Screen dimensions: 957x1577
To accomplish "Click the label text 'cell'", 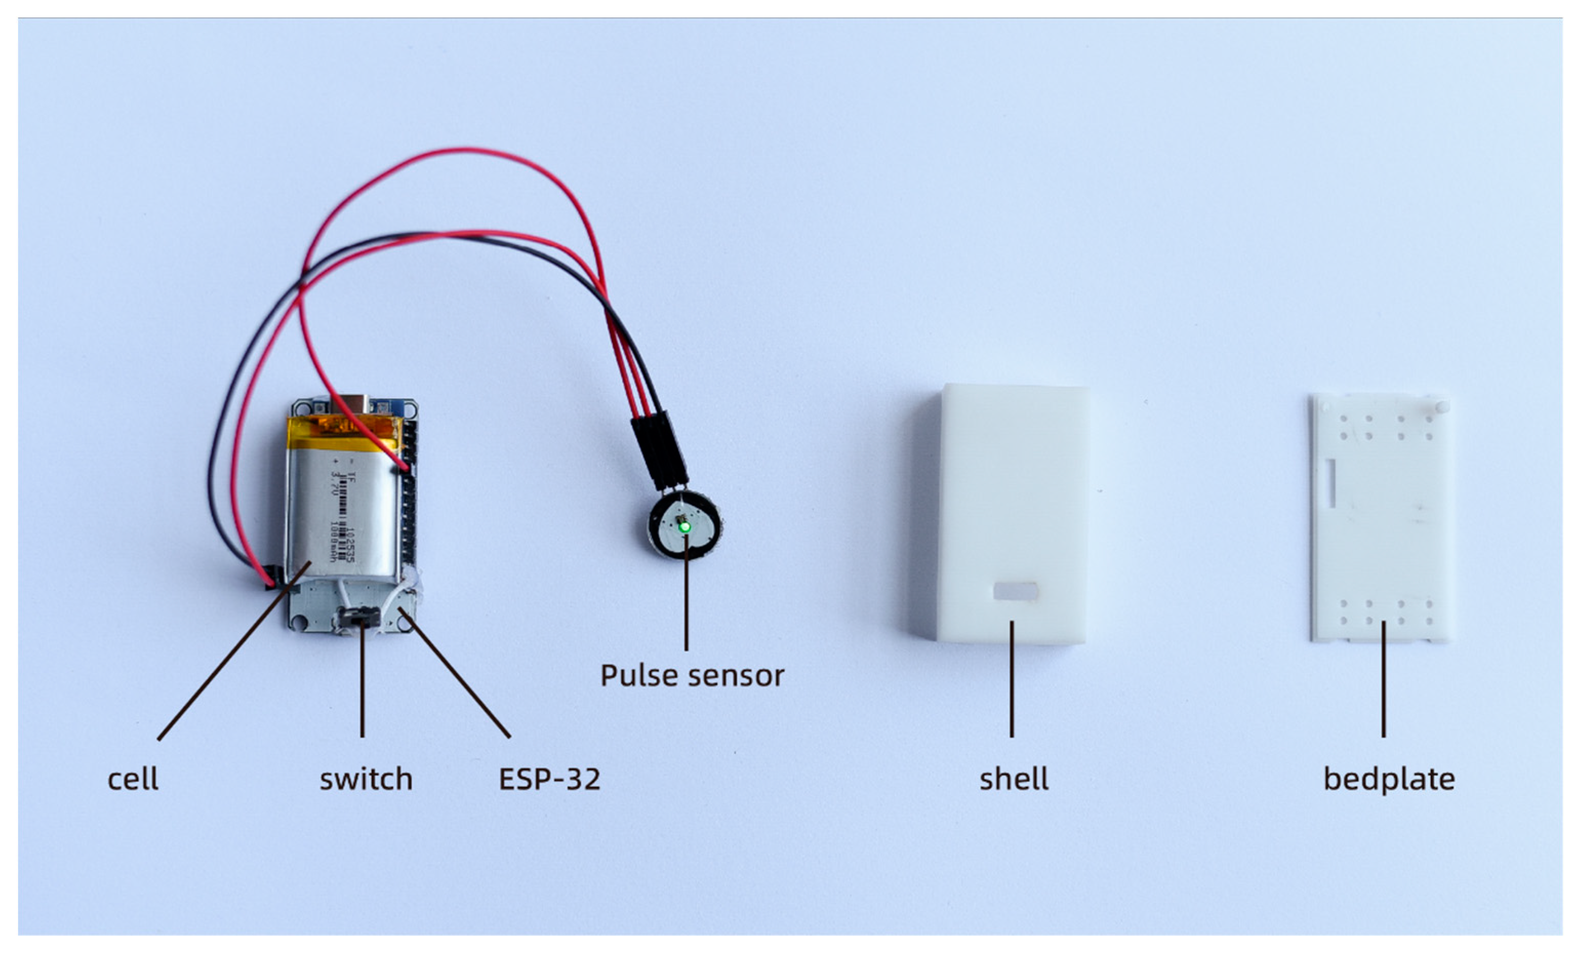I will click(x=132, y=779).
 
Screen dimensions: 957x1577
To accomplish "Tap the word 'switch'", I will click(x=366, y=779).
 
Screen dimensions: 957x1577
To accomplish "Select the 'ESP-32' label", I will click(x=549, y=779).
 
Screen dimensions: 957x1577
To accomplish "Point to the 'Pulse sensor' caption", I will click(x=692, y=676).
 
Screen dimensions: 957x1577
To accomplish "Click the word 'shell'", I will click(x=1014, y=779).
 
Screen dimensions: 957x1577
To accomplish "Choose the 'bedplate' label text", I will click(x=1389, y=779).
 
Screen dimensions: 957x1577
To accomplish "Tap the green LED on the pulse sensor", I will click(x=684, y=527).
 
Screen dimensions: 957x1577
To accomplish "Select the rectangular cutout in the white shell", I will click(x=1015, y=591).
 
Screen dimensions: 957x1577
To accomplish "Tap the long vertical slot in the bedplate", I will click(x=1330, y=483).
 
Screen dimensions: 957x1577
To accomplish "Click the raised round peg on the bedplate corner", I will click(x=1442, y=406).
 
